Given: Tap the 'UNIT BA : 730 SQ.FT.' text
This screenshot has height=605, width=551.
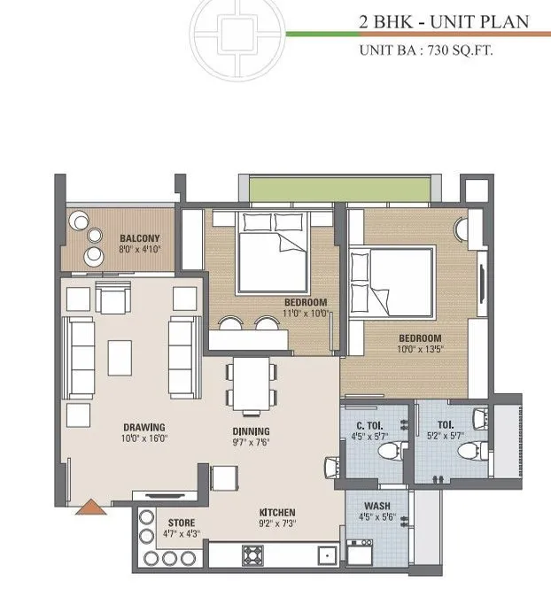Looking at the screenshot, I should tap(425, 50).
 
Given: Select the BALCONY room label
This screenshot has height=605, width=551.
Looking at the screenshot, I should tap(139, 237).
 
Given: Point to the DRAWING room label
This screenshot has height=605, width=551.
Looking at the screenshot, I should tap(145, 426).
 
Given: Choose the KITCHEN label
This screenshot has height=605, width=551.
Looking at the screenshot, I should tap(277, 513).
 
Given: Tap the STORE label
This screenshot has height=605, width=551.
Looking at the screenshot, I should tap(182, 524).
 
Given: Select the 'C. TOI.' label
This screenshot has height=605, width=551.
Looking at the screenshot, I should tap(361, 425).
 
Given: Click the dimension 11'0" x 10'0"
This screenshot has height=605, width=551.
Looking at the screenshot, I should tap(306, 313).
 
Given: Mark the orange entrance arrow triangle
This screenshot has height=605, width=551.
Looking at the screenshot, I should tap(89, 508).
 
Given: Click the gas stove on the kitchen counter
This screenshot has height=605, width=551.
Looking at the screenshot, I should tap(254, 556).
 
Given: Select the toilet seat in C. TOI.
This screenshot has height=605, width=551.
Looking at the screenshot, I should tap(387, 452).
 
